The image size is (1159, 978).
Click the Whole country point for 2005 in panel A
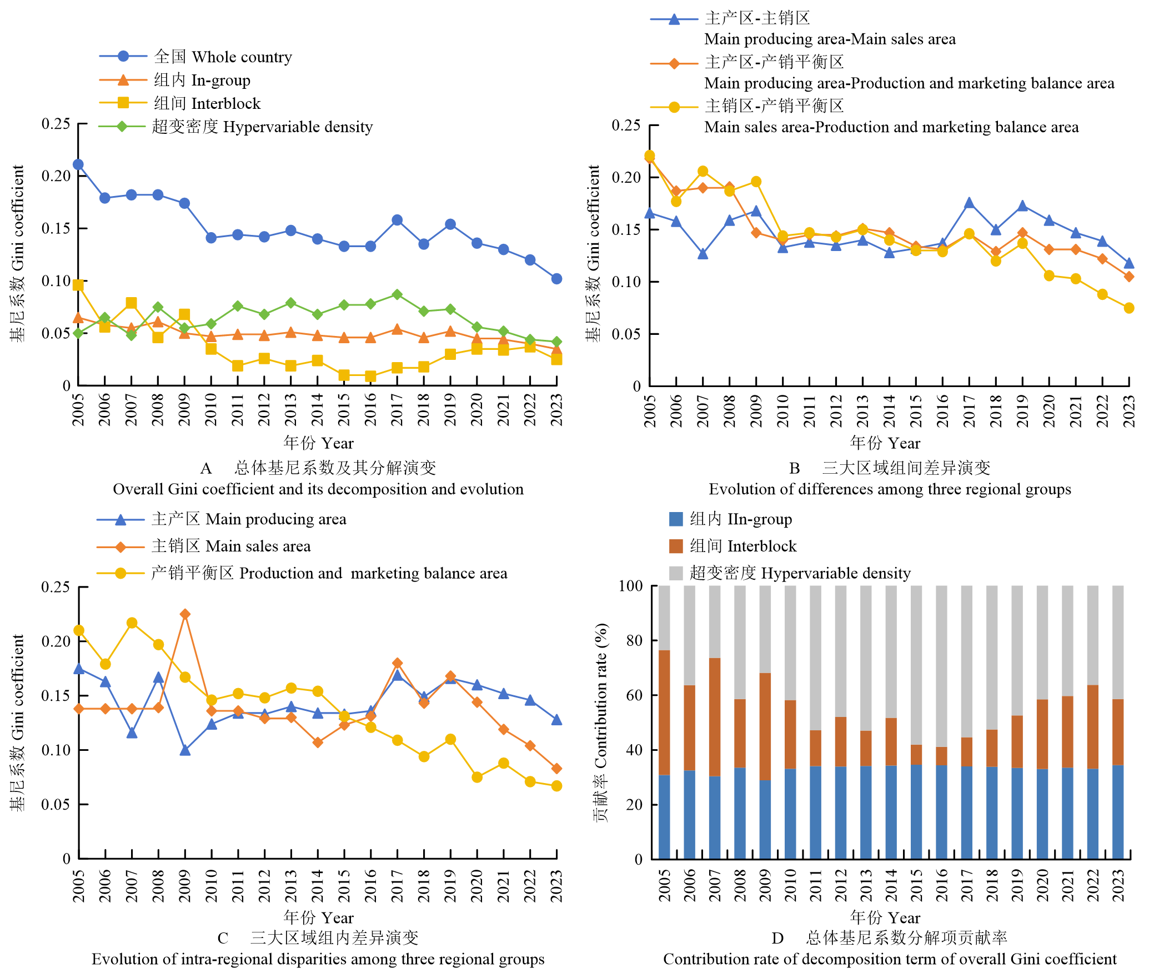[x=78, y=164]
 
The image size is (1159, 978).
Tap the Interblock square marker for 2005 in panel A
[x=78, y=285]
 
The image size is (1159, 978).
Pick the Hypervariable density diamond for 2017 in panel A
[x=397, y=294]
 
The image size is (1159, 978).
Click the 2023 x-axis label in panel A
[x=556, y=410]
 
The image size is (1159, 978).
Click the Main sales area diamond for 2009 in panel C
[x=185, y=614]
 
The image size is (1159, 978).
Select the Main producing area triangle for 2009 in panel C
[x=185, y=750]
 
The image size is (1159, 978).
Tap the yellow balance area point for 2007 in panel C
[x=132, y=623]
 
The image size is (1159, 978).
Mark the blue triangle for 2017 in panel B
[x=969, y=203]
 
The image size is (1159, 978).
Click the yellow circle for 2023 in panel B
[x=1128, y=308]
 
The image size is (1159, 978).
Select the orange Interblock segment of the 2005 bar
[x=664, y=712]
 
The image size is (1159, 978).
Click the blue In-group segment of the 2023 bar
[x=1118, y=811]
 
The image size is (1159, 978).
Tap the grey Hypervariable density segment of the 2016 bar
[x=941, y=666]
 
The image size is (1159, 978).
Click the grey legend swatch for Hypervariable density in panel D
[x=676, y=573]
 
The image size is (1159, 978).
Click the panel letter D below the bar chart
[x=777, y=938]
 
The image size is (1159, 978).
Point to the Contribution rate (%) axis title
[x=601, y=722]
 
